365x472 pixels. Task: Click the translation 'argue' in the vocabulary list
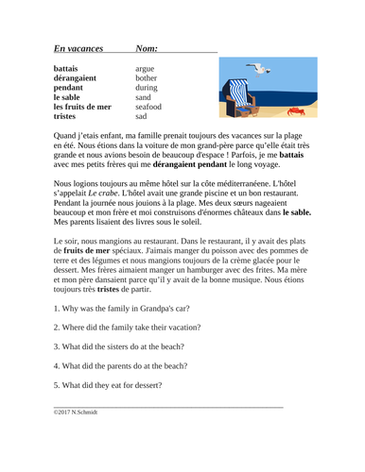[x=146, y=70]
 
